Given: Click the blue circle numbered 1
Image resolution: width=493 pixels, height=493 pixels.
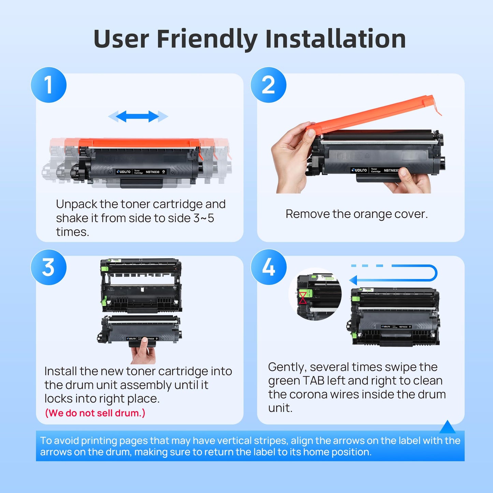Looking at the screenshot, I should pyautogui.click(x=48, y=85).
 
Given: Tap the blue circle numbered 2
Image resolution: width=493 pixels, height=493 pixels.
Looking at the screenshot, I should pyautogui.click(x=269, y=85).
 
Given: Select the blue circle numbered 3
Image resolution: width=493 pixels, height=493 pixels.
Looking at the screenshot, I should pyautogui.click(x=48, y=267).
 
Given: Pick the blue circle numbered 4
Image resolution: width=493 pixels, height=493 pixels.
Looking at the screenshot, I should pyautogui.click(x=269, y=267).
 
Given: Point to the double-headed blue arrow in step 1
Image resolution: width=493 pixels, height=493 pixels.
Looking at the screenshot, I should pyautogui.click(x=138, y=116).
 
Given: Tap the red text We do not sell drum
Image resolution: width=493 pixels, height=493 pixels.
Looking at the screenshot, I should pyautogui.click(x=95, y=413).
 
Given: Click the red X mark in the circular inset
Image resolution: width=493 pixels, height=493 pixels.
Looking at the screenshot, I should pyautogui.click(x=303, y=298).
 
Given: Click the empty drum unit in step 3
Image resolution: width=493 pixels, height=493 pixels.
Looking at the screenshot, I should pyautogui.click(x=141, y=286).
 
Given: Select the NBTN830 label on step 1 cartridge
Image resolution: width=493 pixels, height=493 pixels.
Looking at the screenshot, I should pyautogui.click(x=153, y=172).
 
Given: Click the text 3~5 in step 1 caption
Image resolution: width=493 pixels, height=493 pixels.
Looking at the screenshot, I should pyautogui.click(x=204, y=218).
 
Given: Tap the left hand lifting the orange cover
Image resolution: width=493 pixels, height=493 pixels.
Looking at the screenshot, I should pyautogui.click(x=292, y=157).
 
